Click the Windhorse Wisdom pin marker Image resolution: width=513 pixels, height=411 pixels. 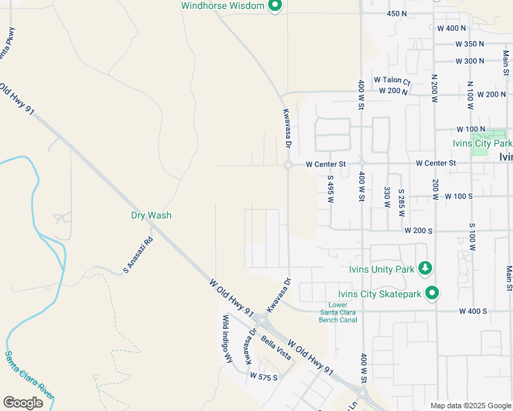tap(275, 6)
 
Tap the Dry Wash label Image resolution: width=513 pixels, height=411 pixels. tap(151, 215)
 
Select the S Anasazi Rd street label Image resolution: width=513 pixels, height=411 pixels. tap(138, 256)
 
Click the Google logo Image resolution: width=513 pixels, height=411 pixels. tap(23, 403)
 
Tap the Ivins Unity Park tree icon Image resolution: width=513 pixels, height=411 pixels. tap(425, 269)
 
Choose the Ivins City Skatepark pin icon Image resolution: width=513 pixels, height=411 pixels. tap(431, 294)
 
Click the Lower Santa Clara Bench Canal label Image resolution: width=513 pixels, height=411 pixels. tap(338, 312)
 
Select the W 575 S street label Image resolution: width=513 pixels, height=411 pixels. tap(263, 377)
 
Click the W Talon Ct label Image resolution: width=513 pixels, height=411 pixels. tap(392, 80)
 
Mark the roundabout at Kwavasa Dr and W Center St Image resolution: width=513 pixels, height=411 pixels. tap(288, 164)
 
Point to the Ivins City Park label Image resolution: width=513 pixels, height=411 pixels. tap(482, 144)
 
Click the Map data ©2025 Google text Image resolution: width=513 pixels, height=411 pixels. tap(470, 405)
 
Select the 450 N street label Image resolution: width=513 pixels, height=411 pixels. tap(397, 14)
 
